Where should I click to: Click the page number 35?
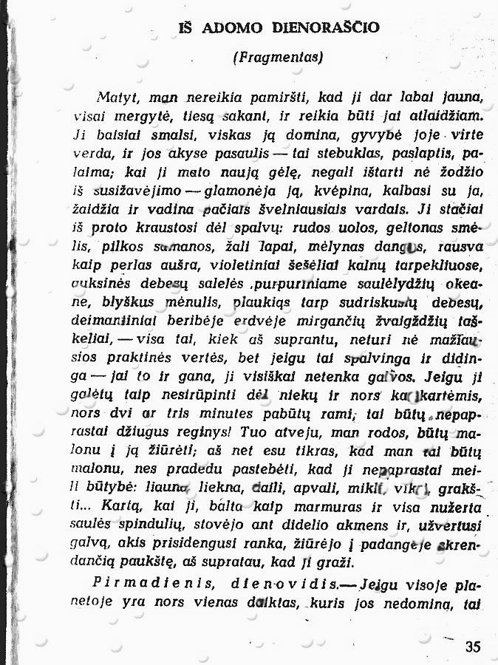click(473, 647)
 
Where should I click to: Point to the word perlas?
click(122, 264)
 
